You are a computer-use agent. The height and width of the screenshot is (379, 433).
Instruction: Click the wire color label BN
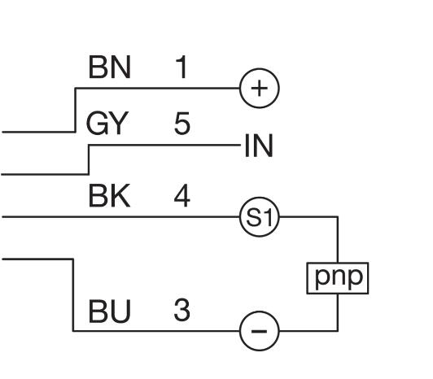(109, 67)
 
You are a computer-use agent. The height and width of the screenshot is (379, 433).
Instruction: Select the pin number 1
(182, 67)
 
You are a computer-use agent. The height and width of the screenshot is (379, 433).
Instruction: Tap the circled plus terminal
(260, 89)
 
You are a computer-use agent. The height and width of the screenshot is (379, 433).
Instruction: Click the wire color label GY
(107, 123)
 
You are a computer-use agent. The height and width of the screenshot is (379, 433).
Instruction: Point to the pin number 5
(182, 123)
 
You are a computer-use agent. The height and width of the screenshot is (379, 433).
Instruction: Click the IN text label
(259, 146)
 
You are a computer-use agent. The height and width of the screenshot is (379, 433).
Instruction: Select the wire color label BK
(109, 196)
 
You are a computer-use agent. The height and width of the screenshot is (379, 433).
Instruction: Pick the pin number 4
(182, 196)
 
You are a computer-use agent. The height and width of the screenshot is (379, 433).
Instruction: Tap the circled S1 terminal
(260, 217)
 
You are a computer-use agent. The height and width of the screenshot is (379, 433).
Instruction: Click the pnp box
(338, 278)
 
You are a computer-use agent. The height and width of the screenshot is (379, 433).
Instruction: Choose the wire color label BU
(109, 311)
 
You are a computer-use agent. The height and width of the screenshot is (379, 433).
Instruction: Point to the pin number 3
(182, 311)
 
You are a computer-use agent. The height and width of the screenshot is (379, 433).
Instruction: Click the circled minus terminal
(260, 331)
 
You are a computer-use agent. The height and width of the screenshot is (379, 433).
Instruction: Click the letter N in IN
(263, 146)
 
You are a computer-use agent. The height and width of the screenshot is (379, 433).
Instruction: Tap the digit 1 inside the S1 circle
(269, 217)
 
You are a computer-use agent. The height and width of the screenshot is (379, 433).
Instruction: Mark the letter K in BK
(120, 196)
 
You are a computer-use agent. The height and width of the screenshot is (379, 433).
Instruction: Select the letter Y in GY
(119, 123)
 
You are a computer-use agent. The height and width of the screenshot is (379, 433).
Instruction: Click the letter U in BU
(120, 311)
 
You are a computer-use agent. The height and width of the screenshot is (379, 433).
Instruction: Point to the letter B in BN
(98, 67)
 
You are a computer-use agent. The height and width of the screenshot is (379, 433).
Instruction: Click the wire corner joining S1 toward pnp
(338, 217)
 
